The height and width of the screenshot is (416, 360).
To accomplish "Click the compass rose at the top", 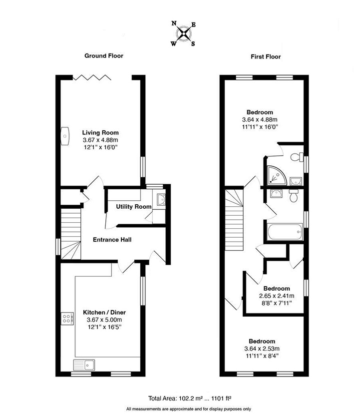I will tap(184, 33).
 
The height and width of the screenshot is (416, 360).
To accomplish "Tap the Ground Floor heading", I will tap(103, 55).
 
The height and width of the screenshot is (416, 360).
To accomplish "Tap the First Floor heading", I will tap(266, 56).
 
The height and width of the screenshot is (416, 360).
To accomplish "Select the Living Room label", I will tap(100, 132).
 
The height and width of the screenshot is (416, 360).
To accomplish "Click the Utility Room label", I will tap(133, 206).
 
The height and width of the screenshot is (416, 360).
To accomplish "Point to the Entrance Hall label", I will tap(112, 240).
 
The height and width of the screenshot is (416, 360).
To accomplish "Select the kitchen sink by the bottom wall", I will tap(83, 364).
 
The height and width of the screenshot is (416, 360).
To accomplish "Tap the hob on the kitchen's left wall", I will tap(66, 319).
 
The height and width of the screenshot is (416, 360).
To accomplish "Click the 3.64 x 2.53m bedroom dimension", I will tap(262, 349).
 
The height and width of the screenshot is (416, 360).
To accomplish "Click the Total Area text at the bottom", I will tap(187, 399).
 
